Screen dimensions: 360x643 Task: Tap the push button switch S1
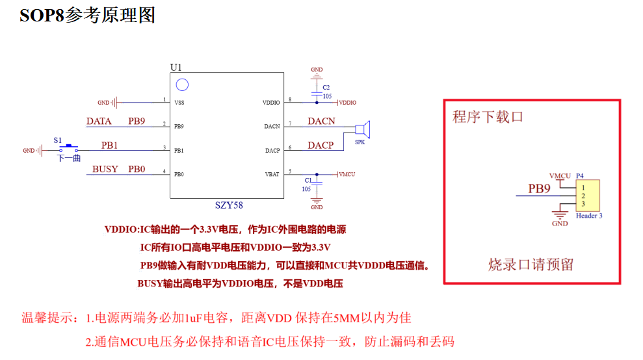click(x=68, y=148)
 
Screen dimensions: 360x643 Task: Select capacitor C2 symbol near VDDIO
click(x=317, y=92)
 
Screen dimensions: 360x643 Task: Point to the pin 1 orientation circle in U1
click(x=183, y=84)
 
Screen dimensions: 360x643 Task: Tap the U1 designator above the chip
click(x=176, y=68)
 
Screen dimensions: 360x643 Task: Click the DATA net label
click(x=99, y=121)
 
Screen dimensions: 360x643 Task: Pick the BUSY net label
click(x=105, y=169)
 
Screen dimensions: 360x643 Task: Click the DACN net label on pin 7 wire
click(x=321, y=121)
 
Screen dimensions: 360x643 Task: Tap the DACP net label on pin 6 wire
click(x=321, y=145)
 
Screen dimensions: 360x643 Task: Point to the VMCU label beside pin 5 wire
click(x=347, y=174)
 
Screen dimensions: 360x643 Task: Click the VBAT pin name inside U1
click(x=272, y=174)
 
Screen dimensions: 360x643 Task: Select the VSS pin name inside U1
click(x=179, y=103)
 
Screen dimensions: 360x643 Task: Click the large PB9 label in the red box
click(x=539, y=189)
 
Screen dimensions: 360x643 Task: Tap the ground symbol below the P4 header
click(x=560, y=214)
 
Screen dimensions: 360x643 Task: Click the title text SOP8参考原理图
click(x=87, y=16)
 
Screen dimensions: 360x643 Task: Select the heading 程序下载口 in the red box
click(x=488, y=117)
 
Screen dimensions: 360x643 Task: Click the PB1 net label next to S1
click(x=110, y=144)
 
